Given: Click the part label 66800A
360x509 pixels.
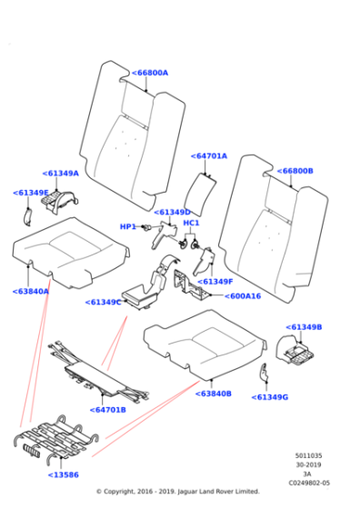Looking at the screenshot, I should (x=150, y=73).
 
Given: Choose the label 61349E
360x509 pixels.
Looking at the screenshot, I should (x=31, y=193).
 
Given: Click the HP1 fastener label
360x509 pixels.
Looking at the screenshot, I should (x=127, y=227).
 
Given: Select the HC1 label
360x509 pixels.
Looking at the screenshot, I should (x=191, y=223).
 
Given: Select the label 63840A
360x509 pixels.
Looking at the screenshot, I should (x=31, y=292).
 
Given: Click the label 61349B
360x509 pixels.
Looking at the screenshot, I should (x=304, y=326).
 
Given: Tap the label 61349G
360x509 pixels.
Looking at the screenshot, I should (x=270, y=397).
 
